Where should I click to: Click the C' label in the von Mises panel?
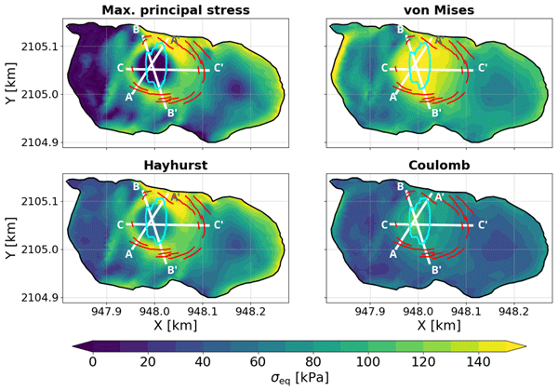pos(483,68)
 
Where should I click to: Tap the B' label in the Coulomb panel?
pos(435,268)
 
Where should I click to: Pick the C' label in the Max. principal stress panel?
pos(219,68)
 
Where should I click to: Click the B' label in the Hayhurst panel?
pos(171,268)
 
